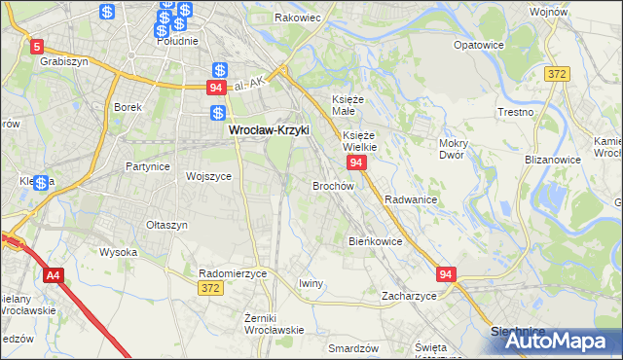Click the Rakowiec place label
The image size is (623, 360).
pyautogui.click(x=299, y=18)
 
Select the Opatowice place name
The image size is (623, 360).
pyautogui.click(x=478, y=46)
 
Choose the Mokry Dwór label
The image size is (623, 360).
pyautogui.click(x=454, y=148)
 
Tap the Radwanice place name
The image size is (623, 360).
pyautogui.click(x=410, y=198)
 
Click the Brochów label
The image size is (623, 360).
pyautogui.click(x=332, y=185)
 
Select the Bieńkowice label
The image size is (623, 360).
pyautogui.click(x=375, y=240)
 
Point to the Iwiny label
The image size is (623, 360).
pyautogui.click(x=310, y=283)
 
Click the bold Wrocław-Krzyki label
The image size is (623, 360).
pyautogui.click(x=268, y=128)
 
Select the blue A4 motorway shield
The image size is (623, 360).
pyautogui.click(x=52, y=275)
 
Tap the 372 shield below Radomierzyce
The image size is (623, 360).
pyautogui.click(x=210, y=288)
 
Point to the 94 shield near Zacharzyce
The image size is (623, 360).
pyautogui.click(x=446, y=275)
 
